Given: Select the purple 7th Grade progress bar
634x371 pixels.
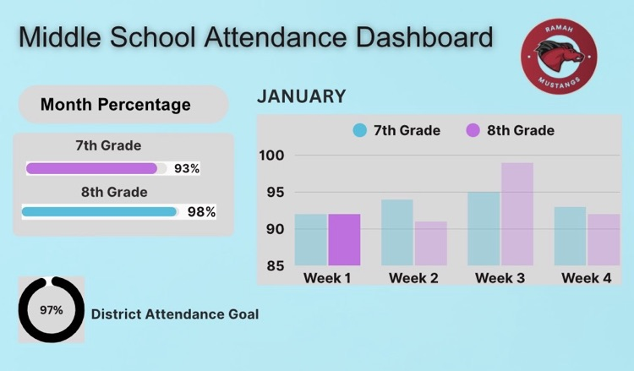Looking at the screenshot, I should point(92,168).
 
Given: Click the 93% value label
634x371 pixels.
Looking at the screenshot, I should point(187,168).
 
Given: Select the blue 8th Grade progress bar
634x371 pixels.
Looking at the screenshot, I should point(99,212).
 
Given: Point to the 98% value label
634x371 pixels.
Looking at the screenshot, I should point(201,212).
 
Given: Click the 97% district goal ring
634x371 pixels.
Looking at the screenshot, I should point(52,310).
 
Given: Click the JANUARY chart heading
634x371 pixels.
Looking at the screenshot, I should point(301,96).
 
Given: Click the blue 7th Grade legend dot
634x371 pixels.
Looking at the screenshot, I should point(360,130).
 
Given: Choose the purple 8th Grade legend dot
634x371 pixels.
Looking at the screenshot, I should point(473,130).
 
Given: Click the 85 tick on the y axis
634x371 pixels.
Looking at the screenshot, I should point(275,266).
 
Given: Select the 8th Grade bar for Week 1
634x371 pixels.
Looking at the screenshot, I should point(344,240).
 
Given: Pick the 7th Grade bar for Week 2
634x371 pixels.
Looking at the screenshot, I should point(397,232).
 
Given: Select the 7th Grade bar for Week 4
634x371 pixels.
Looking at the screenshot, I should point(571,237).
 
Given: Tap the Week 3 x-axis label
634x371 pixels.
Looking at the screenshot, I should point(500,277).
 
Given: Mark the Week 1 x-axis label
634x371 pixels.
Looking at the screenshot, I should point(327,277).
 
